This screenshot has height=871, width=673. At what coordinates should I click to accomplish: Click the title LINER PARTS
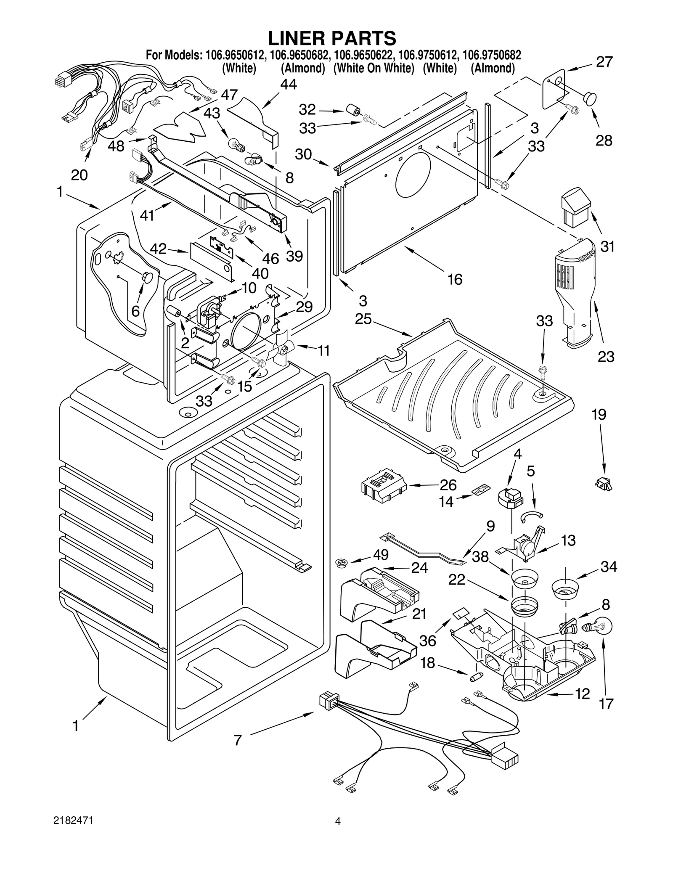332,38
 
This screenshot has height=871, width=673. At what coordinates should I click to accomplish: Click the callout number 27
604,62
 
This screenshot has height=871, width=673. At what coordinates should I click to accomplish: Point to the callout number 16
455,279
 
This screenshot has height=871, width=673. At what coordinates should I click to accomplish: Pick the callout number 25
363,319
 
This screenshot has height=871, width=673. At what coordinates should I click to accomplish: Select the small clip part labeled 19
604,484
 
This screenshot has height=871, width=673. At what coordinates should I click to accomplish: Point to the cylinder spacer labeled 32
353,111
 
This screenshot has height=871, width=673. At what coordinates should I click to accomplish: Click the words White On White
374,68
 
